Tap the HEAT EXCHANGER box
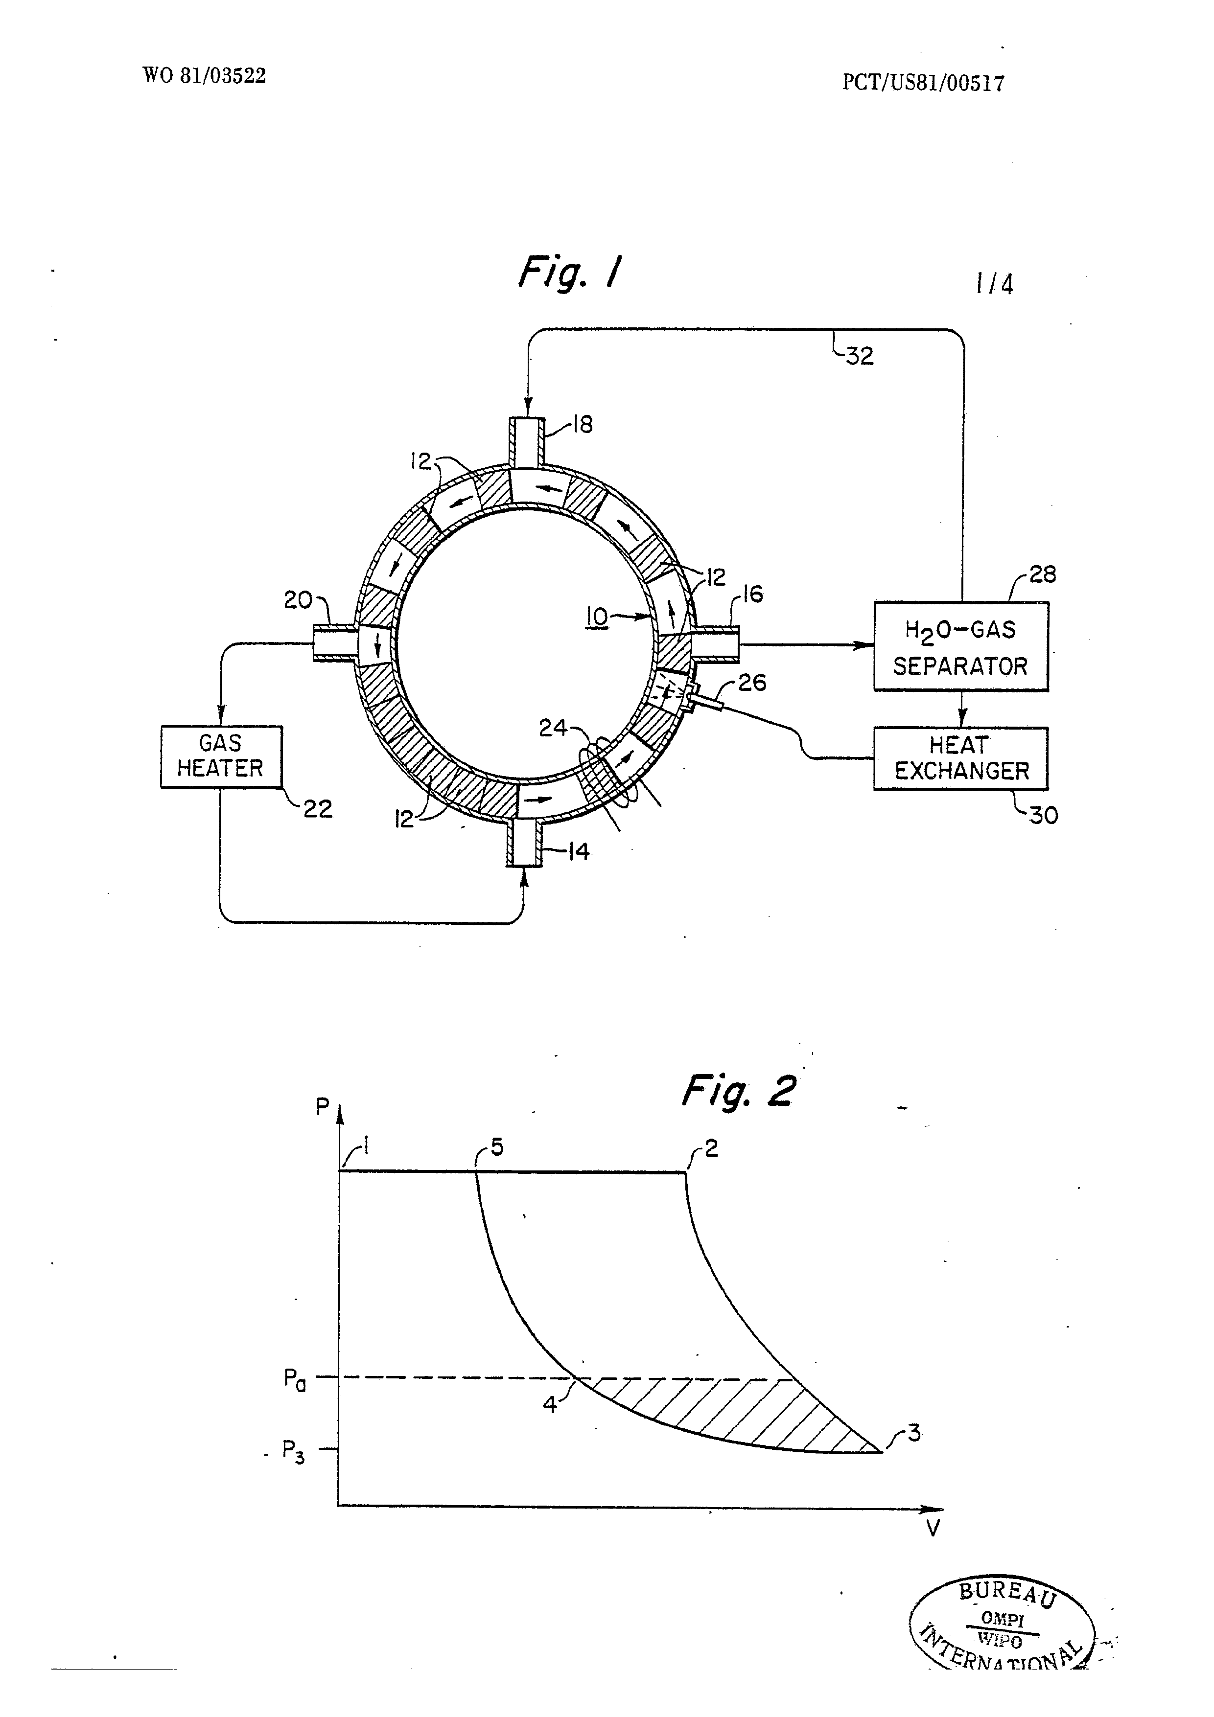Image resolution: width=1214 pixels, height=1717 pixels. (961, 758)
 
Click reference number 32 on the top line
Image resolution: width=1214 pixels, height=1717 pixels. (860, 356)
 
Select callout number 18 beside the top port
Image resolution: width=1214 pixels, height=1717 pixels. (582, 425)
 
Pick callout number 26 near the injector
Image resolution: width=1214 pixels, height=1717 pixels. (752, 682)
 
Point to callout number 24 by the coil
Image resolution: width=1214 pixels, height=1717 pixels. (554, 728)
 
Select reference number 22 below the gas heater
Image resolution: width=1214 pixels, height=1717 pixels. (317, 809)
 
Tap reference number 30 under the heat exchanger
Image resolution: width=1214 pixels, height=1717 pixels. (1044, 815)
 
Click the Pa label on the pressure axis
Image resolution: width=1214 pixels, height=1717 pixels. (295, 1378)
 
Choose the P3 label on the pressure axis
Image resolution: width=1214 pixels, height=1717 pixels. (293, 1451)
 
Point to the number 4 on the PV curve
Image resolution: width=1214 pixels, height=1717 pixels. (550, 1405)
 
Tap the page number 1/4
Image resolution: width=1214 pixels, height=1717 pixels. (995, 284)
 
